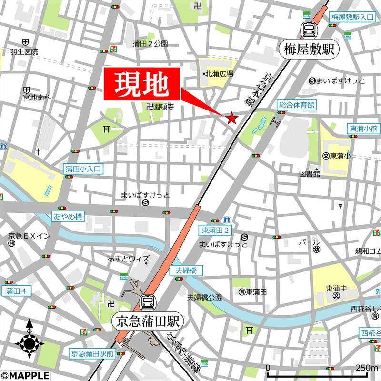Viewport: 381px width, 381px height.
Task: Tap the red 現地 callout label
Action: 142,84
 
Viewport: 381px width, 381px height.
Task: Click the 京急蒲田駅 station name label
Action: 148,321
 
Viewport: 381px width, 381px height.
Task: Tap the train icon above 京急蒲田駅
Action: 147,302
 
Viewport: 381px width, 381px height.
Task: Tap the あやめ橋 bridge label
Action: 68,217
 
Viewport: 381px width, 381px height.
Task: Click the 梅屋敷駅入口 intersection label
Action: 353,17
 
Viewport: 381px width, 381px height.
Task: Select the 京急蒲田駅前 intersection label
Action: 92,353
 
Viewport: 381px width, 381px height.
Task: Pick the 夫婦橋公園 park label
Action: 204,298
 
